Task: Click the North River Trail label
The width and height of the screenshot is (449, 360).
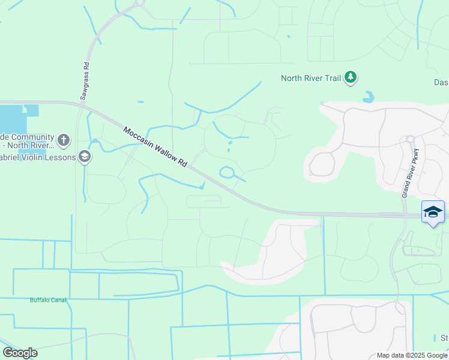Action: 311,78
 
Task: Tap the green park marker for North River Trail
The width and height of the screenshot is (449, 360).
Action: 351,77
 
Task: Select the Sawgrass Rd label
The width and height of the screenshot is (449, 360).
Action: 85,80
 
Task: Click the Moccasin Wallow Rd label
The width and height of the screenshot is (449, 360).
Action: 155,146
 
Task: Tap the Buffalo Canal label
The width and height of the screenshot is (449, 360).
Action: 48,299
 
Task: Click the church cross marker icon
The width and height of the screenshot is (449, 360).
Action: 64,141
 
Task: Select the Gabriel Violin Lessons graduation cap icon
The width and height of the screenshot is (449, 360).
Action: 85,157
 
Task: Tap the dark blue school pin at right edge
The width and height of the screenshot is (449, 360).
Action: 433,212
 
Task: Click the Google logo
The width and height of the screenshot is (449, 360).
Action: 20,352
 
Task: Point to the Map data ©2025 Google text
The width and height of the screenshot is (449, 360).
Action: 411,355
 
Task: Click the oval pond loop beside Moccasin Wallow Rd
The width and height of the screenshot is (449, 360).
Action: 228,173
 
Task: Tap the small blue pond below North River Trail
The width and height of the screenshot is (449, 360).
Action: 367,96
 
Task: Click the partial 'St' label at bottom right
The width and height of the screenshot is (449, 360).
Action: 444,338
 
